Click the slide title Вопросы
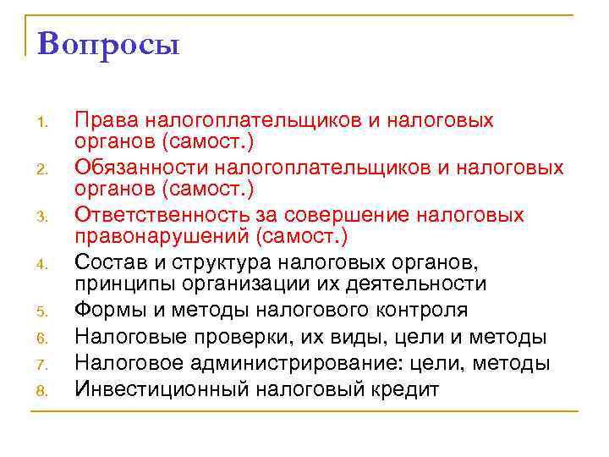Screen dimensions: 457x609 click(x=109, y=43)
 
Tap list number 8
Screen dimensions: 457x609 click(x=44, y=391)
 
